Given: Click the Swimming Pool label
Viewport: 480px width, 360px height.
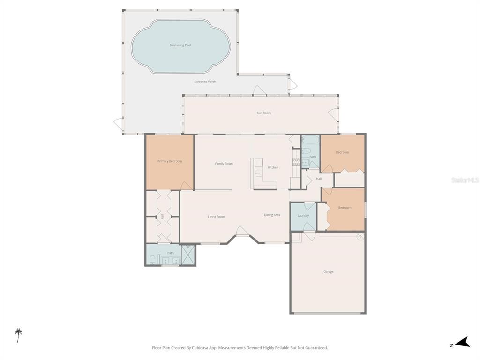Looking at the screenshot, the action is point(180,45).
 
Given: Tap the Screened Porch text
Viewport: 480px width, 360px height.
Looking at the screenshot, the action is point(205,82).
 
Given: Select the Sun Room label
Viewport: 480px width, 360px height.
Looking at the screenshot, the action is point(263,113).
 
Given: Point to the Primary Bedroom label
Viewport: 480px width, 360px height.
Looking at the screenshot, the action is point(170,161).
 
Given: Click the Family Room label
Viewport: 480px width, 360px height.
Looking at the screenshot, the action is point(224,164).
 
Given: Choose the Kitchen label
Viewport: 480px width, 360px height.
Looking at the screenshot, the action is point(273,167).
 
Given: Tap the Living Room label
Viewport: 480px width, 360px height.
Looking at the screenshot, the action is point(217,217).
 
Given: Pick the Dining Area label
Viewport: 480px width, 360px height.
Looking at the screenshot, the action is point(272,215).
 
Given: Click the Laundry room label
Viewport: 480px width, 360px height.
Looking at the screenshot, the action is point(303,216).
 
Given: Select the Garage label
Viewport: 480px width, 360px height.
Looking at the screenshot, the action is point(329,272).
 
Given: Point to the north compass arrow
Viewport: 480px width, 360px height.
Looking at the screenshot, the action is point(462,342).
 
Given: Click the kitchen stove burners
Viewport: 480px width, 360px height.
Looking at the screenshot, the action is point(296,162).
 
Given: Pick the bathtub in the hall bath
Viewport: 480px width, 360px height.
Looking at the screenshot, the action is point(310,141).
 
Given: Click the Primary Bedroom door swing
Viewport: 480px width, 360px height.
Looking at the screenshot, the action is point(187,186).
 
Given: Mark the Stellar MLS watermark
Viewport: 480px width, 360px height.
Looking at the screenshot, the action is point(465,180).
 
